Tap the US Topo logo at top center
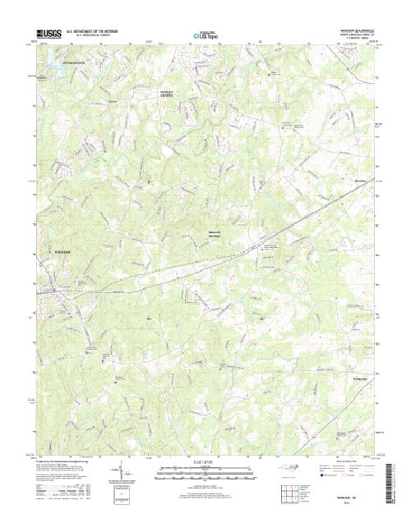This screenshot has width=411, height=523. pyautogui.click(x=205, y=35)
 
